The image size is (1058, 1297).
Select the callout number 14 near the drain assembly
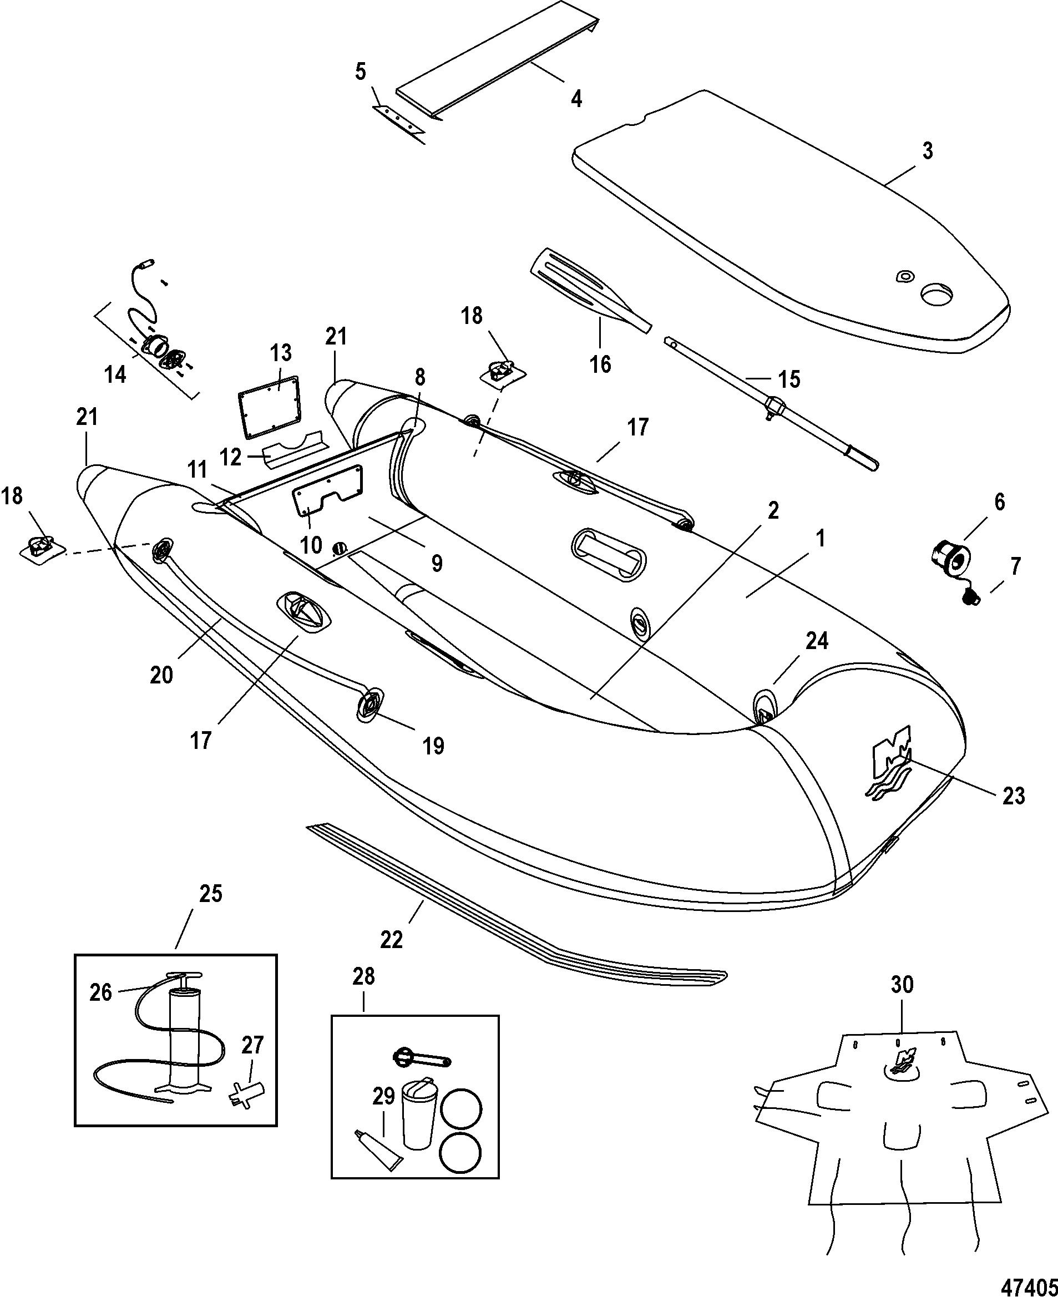(x=116, y=374)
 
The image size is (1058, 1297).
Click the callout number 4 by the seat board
(x=576, y=98)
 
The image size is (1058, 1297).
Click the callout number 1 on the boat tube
(x=821, y=538)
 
